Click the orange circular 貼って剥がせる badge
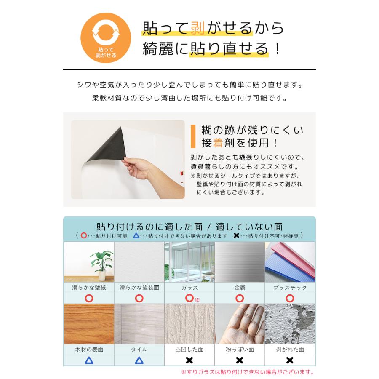point(106,38)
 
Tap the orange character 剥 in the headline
point(197,28)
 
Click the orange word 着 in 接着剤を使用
point(218,143)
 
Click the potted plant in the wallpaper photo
point(101,263)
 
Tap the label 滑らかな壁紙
point(88,288)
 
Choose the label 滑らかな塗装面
point(139,288)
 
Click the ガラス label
point(189,288)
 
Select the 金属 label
point(239,288)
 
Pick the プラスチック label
point(290,288)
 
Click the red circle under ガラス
point(189,298)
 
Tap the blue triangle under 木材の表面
point(89,360)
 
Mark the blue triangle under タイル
point(139,360)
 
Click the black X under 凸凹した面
point(189,360)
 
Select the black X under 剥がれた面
point(290,360)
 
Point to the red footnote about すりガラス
point(248,372)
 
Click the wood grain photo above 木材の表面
point(89,323)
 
